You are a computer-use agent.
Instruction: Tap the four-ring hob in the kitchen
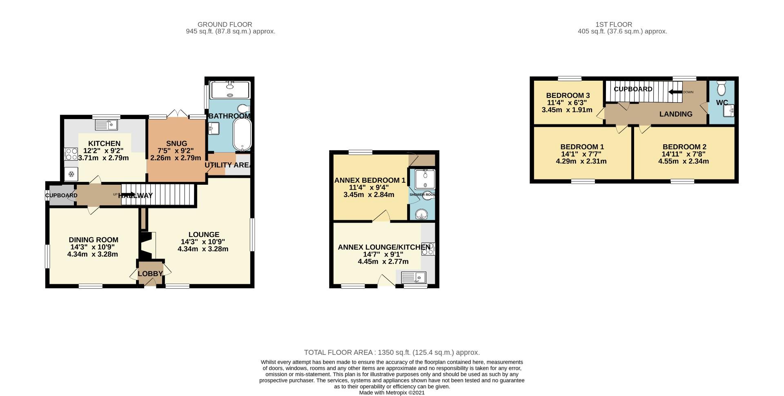click(x=71, y=154)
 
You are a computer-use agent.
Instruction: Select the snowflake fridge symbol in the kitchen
click(x=71, y=175)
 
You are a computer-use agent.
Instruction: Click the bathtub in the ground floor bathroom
click(x=242, y=135)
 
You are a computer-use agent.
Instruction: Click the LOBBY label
click(x=150, y=274)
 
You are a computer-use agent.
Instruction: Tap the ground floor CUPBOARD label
click(x=61, y=195)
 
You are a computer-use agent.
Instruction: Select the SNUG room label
click(x=176, y=144)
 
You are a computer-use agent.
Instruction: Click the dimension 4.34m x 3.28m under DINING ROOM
click(x=93, y=254)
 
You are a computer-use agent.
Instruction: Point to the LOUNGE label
click(x=204, y=235)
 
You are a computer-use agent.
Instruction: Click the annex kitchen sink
click(x=414, y=278)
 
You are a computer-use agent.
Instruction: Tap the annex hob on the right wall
click(x=428, y=249)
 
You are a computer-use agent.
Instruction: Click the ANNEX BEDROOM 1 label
click(x=370, y=180)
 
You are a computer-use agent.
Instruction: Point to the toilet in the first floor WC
click(x=721, y=88)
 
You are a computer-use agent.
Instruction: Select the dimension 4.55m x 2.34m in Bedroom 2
click(x=684, y=161)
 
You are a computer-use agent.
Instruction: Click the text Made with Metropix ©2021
click(x=392, y=392)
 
